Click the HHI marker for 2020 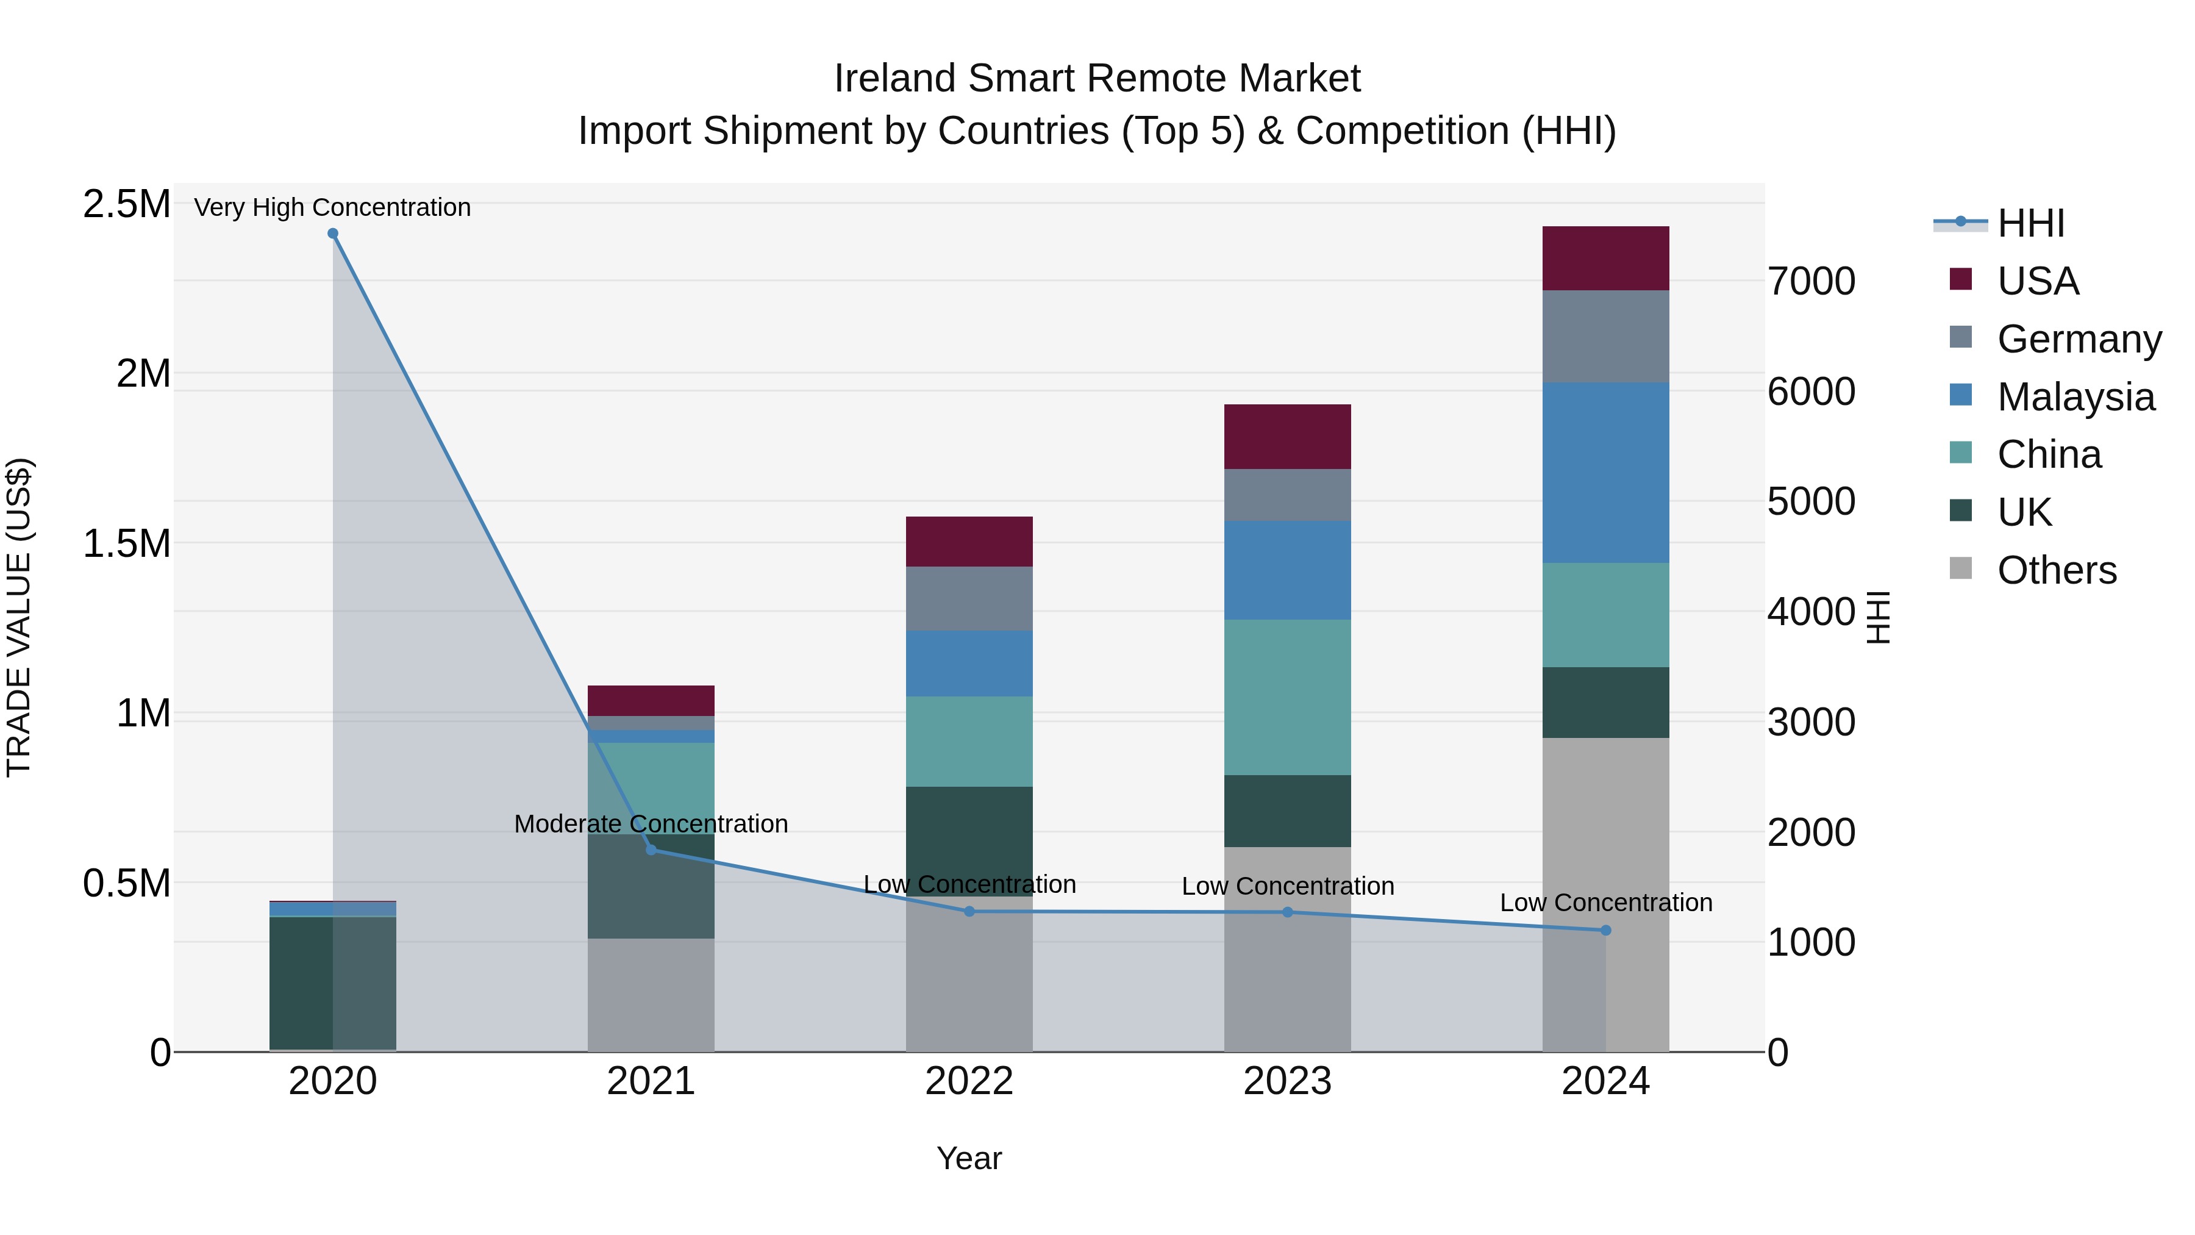click(333, 234)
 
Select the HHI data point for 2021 click(651, 850)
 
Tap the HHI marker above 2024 click(1605, 930)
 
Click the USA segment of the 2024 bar click(1605, 258)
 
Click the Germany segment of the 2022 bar click(969, 598)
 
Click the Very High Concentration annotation click(332, 207)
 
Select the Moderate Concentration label click(651, 823)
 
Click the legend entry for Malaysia click(2075, 396)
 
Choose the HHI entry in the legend click(2030, 223)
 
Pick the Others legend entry click(2056, 570)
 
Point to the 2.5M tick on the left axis click(126, 204)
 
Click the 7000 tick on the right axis click(1811, 281)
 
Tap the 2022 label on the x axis click(969, 1081)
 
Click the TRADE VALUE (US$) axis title click(19, 617)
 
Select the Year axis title click(969, 1158)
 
